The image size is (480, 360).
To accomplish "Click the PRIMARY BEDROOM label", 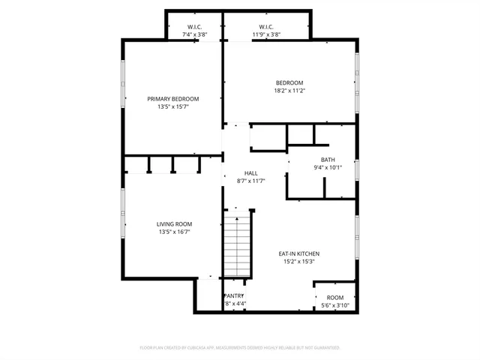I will point(173,99).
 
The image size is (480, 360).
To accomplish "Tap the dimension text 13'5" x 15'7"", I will point(173,107).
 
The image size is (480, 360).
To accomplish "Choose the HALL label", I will point(241,173).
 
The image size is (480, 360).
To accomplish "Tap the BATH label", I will point(328,160).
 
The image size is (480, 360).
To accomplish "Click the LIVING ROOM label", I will point(174,224).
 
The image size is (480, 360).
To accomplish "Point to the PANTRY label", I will point(235,296).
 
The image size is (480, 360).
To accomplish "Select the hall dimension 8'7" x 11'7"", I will point(241,181).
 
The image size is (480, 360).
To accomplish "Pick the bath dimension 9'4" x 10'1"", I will point(328,168).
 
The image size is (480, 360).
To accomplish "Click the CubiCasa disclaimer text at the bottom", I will point(240,347).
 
